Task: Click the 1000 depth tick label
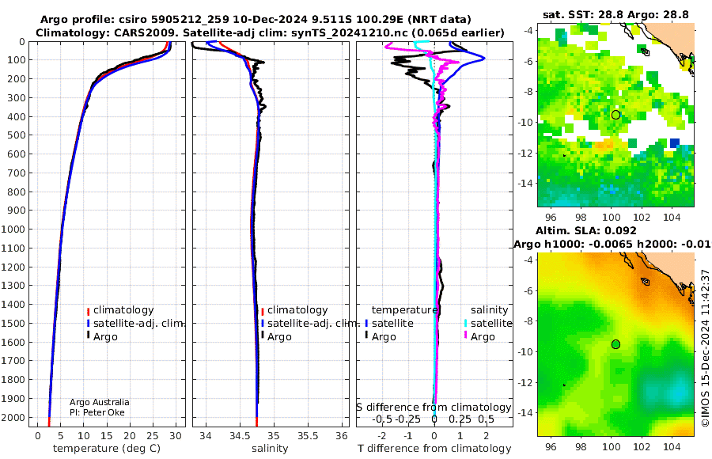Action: (x=17, y=229)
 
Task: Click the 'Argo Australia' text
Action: (x=99, y=402)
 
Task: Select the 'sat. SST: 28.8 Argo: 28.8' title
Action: (x=615, y=14)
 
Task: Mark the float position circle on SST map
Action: (x=615, y=115)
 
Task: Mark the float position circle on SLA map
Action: (x=615, y=343)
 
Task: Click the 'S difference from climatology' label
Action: (x=433, y=407)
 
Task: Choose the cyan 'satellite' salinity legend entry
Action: (x=487, y=323)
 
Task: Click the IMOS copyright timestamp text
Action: (x=705, y=348)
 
